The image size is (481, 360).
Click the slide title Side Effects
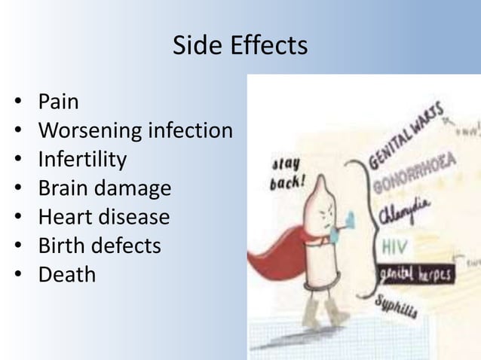tap(240, 47)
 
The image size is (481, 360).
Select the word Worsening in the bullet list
tap(84, 131)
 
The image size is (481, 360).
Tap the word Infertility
tap(83, 160)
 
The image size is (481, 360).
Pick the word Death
tap(68, 274)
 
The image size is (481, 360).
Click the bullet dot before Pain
tap(17, 102)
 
